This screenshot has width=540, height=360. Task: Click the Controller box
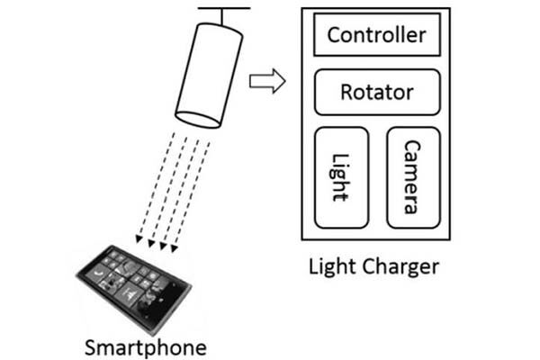[377, 34]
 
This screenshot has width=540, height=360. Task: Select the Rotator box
[377, 93]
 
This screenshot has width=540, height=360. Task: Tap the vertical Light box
[342, 177]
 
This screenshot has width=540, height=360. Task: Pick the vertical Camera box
[414, 177]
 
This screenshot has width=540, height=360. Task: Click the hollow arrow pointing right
[267, 81]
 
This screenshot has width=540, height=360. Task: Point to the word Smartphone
[146, 348]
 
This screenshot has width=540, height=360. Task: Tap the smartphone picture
[133, 289]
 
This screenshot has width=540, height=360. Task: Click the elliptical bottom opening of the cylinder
[198, 120]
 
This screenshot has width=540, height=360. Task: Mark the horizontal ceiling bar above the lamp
[224, 8]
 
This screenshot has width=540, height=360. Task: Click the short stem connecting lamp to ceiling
[222, 17]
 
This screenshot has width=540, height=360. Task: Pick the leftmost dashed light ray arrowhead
[139, 239]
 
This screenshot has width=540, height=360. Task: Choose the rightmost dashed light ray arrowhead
[175, 248]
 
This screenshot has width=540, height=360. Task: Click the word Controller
[377, 35]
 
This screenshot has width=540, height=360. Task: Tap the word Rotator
[377, 93]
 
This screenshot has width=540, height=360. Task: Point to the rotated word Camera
[412, 177]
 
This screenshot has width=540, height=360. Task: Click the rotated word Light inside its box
[340, 177]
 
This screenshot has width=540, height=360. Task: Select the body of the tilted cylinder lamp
[210, 76]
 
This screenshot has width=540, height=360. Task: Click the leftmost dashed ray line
[157, 185]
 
